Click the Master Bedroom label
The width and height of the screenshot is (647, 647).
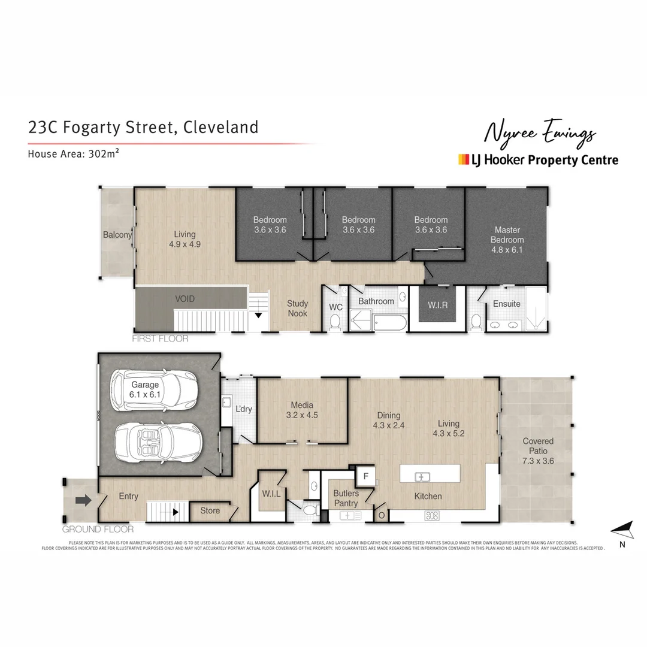tap(507, 240)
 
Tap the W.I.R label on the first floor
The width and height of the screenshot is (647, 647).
tap(437, 304)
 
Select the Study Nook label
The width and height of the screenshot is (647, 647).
tap(297, 309)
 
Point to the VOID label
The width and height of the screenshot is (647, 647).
tap(185, 298)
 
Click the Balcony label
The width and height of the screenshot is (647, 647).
tap(117, 235)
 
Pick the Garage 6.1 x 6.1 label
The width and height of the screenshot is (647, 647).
tap(145, 390)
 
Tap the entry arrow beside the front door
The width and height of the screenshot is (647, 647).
tap(83, 500)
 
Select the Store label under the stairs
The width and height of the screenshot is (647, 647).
tap(210, 511)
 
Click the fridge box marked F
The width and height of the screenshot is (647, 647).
tap(365, 477)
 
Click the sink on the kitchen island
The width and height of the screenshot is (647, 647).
tap(423, 477)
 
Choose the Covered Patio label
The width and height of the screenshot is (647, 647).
tap(537, 446)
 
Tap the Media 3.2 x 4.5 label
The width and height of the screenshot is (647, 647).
tap(302, 410)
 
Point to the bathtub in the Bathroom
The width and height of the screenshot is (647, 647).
tap(390, 323)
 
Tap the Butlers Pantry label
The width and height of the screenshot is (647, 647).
tap(346, 498)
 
